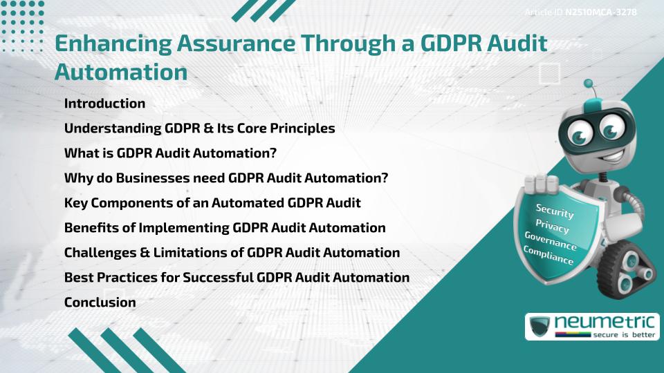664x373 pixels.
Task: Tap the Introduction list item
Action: (104, 104)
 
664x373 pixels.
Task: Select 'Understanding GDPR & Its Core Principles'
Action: (199, 128)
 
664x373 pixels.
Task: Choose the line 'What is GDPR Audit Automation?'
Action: (170, 153)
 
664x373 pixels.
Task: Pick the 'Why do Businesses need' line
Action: (225, 178)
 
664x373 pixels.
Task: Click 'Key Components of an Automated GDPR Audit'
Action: (212, 203)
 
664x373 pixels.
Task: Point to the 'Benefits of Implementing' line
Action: (225, 228)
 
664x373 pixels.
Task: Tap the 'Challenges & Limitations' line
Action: (232, 253)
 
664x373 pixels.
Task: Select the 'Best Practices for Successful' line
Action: (237, 278)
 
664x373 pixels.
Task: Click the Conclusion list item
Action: (100, 303)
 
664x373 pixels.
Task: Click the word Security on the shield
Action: (555, 211)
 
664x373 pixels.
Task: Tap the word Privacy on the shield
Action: (553, 227)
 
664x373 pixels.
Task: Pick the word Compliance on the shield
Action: (548, 256)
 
